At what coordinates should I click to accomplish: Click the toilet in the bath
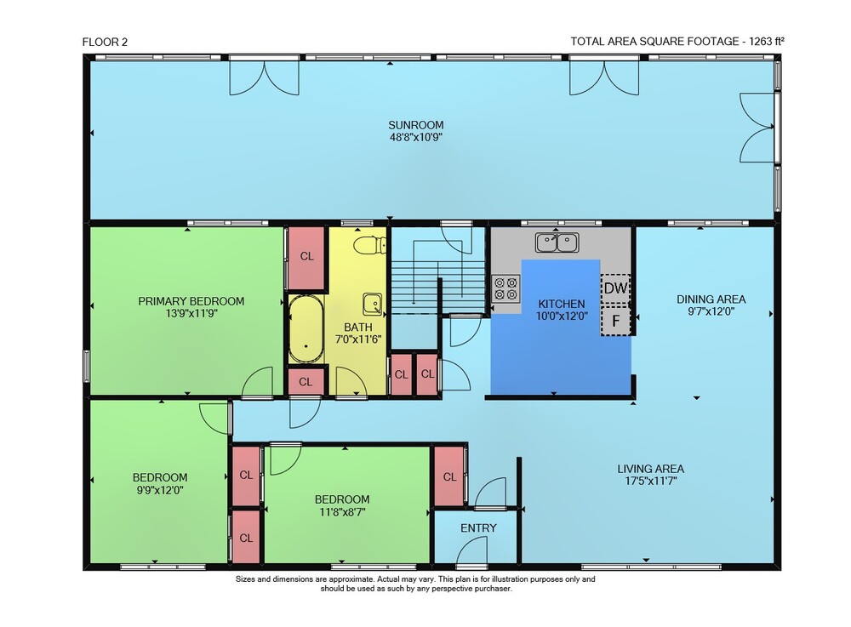(369, 245)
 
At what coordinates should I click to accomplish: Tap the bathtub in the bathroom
(306, 329)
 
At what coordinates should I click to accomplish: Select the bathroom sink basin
(373, 304)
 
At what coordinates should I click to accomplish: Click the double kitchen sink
(557, 242)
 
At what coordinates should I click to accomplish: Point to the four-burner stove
(505, 288)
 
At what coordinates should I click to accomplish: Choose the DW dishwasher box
(615, 288)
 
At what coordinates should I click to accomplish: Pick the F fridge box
(615, 321)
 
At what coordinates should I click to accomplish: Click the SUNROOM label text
(416, 125)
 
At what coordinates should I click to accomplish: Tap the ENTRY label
(478, 527)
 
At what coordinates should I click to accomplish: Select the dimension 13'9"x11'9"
(191, 313)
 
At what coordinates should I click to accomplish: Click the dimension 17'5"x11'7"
(651, 481)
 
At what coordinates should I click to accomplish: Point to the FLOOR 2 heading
(105, 42)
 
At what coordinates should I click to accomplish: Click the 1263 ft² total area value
(767, 41)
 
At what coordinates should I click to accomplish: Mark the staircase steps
(438, 287)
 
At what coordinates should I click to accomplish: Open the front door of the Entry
(472, 551)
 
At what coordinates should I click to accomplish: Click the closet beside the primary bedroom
(306, 257)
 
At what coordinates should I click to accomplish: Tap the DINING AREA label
(711, 299)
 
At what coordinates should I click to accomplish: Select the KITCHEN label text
(561, 304)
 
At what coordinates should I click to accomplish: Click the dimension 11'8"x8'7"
(342, 511)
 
